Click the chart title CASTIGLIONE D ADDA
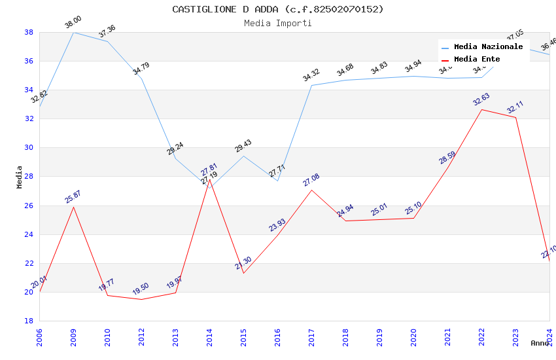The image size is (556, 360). click(278, 9)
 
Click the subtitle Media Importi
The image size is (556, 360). click(278, 23)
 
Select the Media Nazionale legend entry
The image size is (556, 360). click(488, 46)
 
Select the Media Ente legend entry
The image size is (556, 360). click(477, 59)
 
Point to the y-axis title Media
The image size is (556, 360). click(20, 177)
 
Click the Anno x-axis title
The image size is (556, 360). click(540, 343)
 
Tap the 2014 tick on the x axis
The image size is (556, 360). click(209, 335)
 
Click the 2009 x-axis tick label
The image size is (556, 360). click(73, 335)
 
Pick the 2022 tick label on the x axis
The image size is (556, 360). click(481, 335)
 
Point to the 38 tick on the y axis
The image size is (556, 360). click(29, 32)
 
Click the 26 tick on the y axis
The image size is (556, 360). click(29, 206)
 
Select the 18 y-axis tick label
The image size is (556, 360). click(29, 321)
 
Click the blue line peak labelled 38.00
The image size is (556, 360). click(73, 32)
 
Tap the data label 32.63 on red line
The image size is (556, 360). click(481, 99)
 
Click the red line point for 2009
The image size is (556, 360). click(73, 207)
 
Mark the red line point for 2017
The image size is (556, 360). click(311, 190)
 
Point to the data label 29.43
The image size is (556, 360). click(243, 146)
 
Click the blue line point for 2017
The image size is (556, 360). click(311, 85)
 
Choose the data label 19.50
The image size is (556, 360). click(141, 289)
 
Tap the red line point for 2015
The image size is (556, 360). click(243, 273)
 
